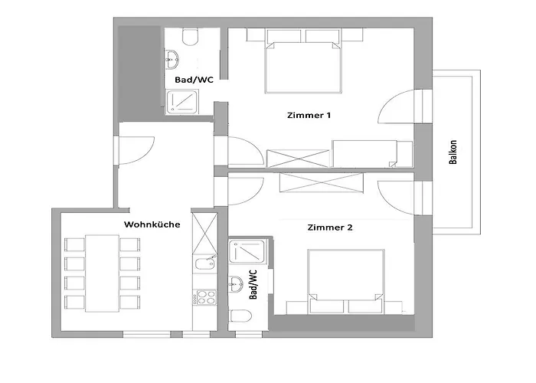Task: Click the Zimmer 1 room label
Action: tap(309, 115)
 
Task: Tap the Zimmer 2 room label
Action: tap(329, 228)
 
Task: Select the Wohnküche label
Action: tap(152, 224)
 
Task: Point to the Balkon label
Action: tap(453, 152)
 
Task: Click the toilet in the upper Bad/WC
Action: tap(190, 37)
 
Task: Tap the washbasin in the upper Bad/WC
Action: tap(172, 60)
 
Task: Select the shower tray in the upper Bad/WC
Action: tap(182, 102)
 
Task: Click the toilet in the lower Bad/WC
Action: tap(240, 316)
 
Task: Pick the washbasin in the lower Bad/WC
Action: tap(236, 284)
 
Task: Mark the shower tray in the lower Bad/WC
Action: tap(247, 252)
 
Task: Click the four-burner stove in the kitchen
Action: tap(204, 297)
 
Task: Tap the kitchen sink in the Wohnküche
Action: tap(204, 264)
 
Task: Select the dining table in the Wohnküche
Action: tap(102, 273)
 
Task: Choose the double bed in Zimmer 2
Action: tap(346, 281)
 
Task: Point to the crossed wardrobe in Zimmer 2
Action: tap(322, 182)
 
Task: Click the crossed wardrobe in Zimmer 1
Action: tap(298, 159)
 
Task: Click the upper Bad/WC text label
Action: tap(194, 80)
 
